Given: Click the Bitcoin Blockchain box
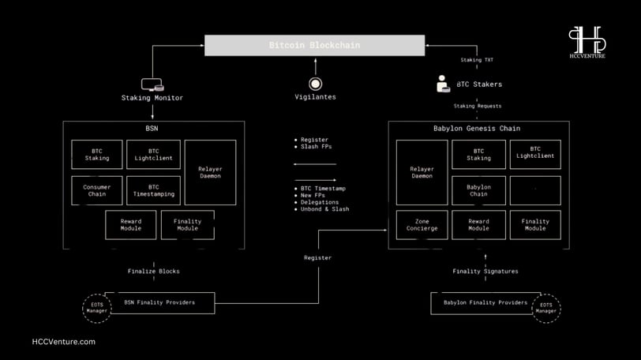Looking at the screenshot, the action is click(314, 45).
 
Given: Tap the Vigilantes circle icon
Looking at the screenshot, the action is click(315, 84).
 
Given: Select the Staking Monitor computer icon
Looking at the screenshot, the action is click(152, 84).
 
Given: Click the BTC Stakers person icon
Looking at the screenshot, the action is click(443, 84).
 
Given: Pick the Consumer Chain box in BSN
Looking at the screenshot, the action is click(97, 190).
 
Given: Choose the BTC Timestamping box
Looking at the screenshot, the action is click(153, 190).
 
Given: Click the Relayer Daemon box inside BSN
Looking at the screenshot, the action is click(210, 172).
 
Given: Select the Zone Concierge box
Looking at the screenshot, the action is click(422, 225).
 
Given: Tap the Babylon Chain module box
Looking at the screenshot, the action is click(478, 190).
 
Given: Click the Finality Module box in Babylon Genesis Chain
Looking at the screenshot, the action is click(535, 225).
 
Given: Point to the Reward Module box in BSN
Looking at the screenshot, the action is click(131, 225).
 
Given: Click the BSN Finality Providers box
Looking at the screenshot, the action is click(159, 303).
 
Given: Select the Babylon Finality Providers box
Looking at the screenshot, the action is click(485, 303).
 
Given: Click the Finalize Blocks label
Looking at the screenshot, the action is click(154, 272).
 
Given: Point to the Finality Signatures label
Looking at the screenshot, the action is click(485, 272).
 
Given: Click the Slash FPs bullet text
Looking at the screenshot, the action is click(317, 147).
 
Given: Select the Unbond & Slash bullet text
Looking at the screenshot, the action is click(325, 209).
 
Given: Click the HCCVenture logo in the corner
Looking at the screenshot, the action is click(587, 42).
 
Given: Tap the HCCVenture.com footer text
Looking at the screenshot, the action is click(64, 342).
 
